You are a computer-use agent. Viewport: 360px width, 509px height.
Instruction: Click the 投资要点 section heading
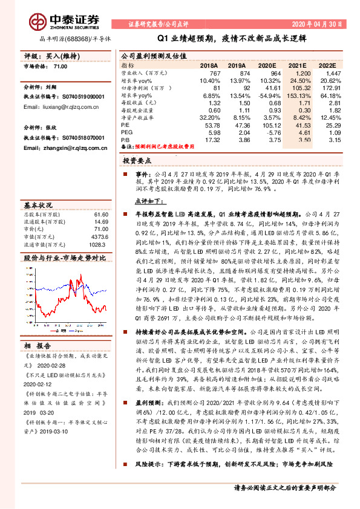point(137,161)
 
